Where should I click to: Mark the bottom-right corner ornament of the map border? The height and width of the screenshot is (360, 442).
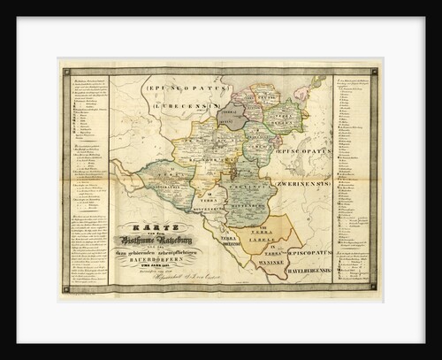tap(377, 288)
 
